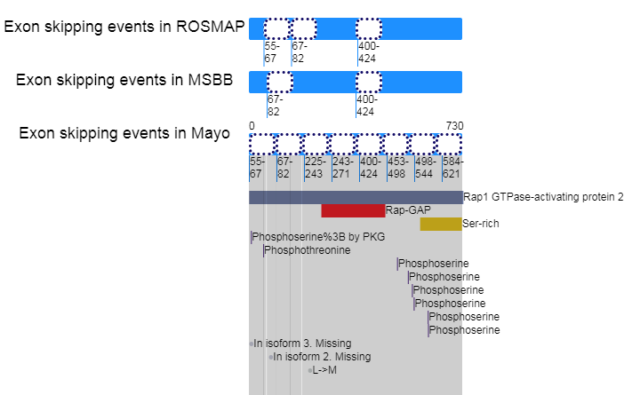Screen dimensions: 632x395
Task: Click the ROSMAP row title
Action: (x=124, y=27)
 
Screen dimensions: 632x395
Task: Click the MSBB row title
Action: (x=124, y=80)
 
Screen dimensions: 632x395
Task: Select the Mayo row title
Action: (x=124, y=133)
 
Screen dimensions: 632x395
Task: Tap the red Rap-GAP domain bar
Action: (x=353, y=210)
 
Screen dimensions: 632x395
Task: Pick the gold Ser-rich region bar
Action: (x=441, y=224)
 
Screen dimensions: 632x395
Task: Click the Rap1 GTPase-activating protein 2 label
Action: (x=543, y=197)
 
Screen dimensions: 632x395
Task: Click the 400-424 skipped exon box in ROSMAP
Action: (x=369, y=28)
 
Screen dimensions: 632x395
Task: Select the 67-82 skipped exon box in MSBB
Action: (x=280, y=83)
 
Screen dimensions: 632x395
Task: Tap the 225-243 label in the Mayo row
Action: (x=315, y=168)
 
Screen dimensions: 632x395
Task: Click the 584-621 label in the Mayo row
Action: (x=452, y=168)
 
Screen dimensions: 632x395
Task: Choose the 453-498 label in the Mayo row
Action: (x=397, y=168)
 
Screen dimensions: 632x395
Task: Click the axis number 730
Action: (x=454, y=126)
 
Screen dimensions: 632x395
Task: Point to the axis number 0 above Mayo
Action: (x=252, y=126)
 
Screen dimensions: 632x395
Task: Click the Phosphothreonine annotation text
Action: (x=308, y=250)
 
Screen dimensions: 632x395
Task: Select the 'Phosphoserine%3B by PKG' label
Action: (x=318, y=237)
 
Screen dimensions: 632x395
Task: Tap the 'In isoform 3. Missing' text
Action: (x=302, y=344)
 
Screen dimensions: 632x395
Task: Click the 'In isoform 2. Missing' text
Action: (x=322, y=357)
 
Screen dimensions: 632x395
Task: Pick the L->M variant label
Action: (x=324, y=370)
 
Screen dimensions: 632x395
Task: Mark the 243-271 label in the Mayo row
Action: (x=342, y=168)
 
